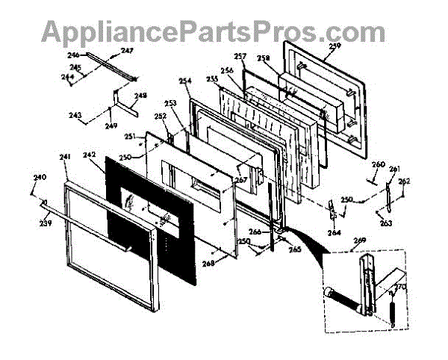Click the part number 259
click(x=334, y=46)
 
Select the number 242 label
click(x=90, y=155)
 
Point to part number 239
click(x=46, y=222)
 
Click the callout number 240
click(x=40, y=177)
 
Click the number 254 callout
click(x=185, y=81)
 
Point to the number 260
click(x=379, y=164)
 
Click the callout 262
click(x=404, y=181)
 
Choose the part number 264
click(x=334, y=233)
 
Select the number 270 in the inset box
click(x=399, y=286)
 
